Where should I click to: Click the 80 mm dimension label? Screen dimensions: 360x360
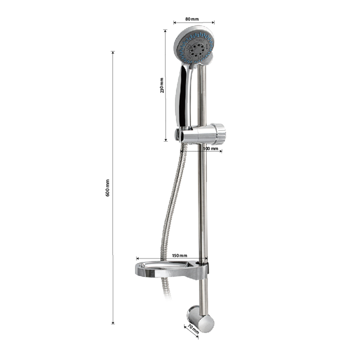[x=192, y=19]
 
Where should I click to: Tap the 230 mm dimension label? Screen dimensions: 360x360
[x=162, y=85]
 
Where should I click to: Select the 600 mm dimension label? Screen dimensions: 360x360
[x=107, y=188]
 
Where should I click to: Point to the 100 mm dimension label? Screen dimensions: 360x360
[x=210, y=148]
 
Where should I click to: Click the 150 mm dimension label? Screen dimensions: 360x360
[x=179, y=255]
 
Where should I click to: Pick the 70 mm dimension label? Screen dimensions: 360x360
[x=193, y=329]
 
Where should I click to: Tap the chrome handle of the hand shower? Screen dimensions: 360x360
[x=183, y=96]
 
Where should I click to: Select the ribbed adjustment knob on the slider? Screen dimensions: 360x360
[x=220, y=134]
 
